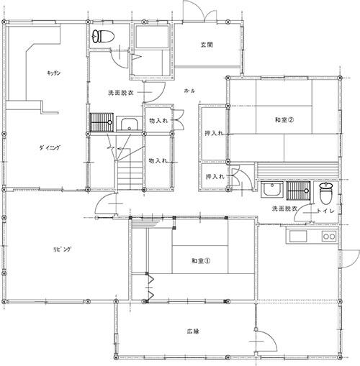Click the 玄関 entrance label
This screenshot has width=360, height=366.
[x=207, y=45]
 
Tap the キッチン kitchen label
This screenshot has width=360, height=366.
[x=54, y=73]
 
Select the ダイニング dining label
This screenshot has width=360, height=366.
[x=50, y=147]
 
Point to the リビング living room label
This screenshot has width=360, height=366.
[x=62, y=250]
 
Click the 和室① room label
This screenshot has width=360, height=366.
[x=201, y=261]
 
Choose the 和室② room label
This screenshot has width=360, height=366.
[x=284, y=119]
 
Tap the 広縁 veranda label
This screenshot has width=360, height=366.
[x=193, y=331]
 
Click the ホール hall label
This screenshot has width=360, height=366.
[x=189, y=91]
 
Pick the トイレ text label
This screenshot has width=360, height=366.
[x=325, y=211]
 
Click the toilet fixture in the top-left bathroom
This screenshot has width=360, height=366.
[x=104, y=37]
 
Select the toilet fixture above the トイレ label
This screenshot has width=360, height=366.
[x=326, y=193]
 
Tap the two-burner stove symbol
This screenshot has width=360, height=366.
[x=329, y=237]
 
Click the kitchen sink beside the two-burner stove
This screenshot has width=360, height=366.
[x=298, y=237]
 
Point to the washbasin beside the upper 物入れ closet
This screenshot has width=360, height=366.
[x=130, y=124]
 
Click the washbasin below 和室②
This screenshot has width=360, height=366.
[x=272, y=189]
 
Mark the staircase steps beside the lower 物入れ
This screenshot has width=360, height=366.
[x=130, y=175]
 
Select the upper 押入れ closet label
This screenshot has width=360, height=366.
[x=214, y=133]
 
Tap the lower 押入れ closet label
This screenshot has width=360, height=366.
[x=215, y=177]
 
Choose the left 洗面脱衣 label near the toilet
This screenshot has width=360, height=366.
[x=121, y=93]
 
